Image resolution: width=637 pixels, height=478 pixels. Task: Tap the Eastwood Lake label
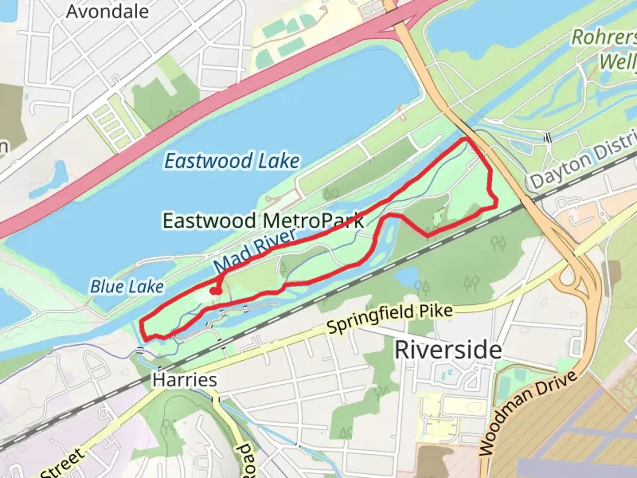tap(232, 161)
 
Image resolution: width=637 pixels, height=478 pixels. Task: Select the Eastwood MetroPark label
tap(263, 220)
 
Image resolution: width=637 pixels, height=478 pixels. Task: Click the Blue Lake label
tap(127, 287)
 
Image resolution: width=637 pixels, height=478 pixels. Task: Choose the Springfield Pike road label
tap(390, 319)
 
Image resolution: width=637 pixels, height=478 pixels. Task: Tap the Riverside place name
tap(448, 350)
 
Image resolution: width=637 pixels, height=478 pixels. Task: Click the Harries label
tap(184, 380)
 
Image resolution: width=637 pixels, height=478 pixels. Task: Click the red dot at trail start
tap(215, 291)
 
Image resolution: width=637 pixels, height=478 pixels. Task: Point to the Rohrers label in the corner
tap(604, 38)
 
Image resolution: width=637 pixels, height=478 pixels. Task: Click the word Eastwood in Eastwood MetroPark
tap(209, 220)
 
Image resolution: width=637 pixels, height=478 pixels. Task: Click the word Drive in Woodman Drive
tap(557, 389)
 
